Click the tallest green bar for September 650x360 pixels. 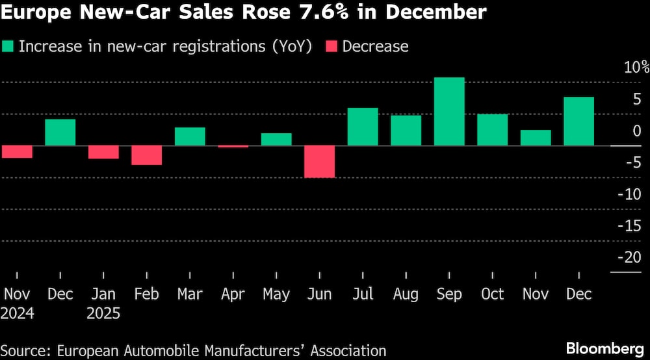[449, 111]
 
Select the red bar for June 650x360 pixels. [320, 161]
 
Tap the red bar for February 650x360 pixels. [146, 155]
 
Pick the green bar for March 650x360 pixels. [190, 136]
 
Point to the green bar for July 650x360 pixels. [363, 127]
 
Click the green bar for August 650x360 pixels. [406, 130]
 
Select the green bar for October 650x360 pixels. [492, 129]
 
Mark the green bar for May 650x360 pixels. [276, 139]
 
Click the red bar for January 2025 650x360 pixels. [103, 152]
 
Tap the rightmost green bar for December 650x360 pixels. [578, 121]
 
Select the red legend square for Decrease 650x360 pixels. [331, 46]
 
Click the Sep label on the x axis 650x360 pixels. [449, 294]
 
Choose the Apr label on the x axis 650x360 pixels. [233, 294]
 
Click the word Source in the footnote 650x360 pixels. [25, 350]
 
